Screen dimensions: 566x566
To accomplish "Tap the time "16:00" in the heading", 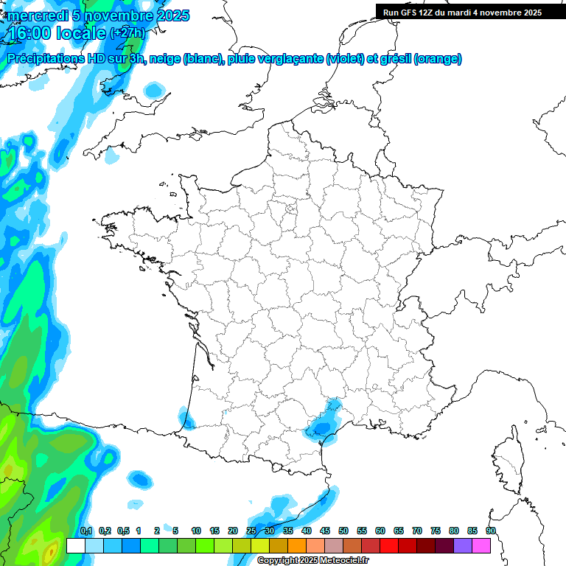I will coord(34,33).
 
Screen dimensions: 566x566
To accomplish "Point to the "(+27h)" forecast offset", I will coord(127,33).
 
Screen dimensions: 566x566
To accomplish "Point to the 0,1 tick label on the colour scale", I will coord(86,531).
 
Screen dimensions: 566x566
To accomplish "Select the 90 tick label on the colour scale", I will coord(491,531).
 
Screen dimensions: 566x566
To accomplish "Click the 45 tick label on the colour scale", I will coord(325,531).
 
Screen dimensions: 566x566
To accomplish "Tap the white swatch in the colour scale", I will coord(76,545).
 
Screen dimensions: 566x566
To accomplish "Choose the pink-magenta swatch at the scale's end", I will coord(481,545).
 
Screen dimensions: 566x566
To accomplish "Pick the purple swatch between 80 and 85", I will coord(463,545).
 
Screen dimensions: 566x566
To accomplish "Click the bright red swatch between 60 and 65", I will coord(389,545).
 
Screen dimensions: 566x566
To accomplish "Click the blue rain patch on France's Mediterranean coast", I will coord(322,426).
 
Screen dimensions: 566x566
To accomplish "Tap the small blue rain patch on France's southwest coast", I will coord(186,420).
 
